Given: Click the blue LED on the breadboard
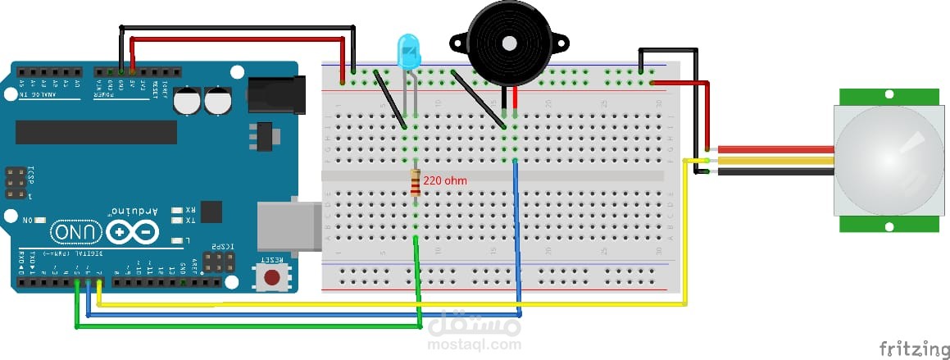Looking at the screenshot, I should [x=407, y=51].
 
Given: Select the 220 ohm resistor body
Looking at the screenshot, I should [x=416, y=182].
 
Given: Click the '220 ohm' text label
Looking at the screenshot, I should [x=445, y=179].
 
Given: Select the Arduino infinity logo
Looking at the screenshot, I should [x=131, y=233].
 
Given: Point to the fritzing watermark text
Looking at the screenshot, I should [x=910, y=349].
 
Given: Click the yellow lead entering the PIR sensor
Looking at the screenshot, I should [x=775, y=161].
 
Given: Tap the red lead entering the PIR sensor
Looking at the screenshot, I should [x=775, y=150].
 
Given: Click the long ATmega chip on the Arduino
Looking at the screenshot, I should [x=96, y=131].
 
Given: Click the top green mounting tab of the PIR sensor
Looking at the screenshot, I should [x=890, y=96].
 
